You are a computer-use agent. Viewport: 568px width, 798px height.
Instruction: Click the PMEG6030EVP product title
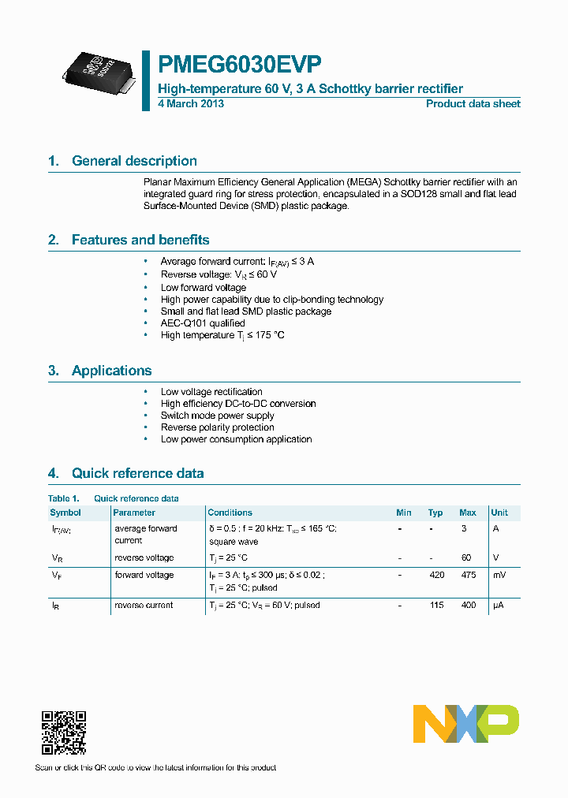[x=240, y=64]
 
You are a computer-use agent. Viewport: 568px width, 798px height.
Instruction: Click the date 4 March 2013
[x=191, y=104]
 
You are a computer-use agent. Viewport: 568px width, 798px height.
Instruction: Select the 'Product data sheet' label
[x=473, y=104]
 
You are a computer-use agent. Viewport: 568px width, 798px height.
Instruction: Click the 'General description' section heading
[x=134, y=161]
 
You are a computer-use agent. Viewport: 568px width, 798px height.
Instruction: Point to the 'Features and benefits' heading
[x=140, y=240]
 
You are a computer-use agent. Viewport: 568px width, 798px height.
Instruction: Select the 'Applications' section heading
[x=111, y=371]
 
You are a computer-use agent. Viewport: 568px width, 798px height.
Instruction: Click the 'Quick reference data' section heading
[x=137, y=473]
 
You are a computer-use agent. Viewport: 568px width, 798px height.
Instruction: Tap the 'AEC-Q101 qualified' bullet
[x=203, y=323]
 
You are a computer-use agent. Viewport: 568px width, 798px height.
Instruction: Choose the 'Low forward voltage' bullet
[x=204, y=288]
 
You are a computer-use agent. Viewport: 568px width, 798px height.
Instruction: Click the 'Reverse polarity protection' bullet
[x=218, y=427]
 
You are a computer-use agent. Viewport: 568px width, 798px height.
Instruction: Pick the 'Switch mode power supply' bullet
[x=218, y=416]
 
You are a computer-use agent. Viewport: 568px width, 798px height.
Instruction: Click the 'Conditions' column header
[x=230, y=513]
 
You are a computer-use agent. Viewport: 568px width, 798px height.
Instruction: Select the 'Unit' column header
[x=499, y=513]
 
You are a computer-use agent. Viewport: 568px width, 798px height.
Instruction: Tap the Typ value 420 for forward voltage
[x=436, y=575]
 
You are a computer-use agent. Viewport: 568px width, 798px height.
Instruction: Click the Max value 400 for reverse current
[x=468, y=605]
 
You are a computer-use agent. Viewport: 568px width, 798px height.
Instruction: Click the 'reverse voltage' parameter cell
[x=144, y=557]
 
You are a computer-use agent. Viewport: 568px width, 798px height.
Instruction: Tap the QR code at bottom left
[x=64, y=733]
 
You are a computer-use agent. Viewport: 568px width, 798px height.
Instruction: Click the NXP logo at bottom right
[x=466, y=723]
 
